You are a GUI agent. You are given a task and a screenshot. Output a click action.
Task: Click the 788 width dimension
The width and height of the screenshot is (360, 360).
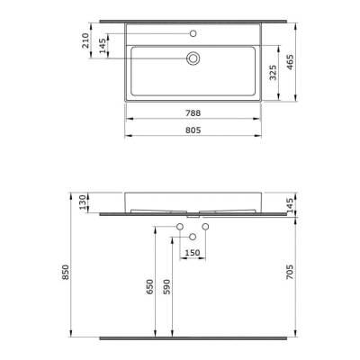(x=192, y=114)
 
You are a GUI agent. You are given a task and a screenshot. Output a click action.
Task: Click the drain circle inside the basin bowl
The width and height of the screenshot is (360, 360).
(x=193, y=58)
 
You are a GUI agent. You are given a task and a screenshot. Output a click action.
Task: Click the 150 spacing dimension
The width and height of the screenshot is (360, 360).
(x=193, y=253)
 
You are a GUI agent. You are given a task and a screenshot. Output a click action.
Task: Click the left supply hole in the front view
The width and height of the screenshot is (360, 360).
(x=181, y=225)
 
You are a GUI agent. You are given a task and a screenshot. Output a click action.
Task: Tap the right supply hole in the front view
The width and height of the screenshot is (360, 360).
(x=205, y=225)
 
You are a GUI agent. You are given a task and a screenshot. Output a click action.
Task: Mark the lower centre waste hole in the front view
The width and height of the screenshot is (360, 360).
(x=193, y=236)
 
